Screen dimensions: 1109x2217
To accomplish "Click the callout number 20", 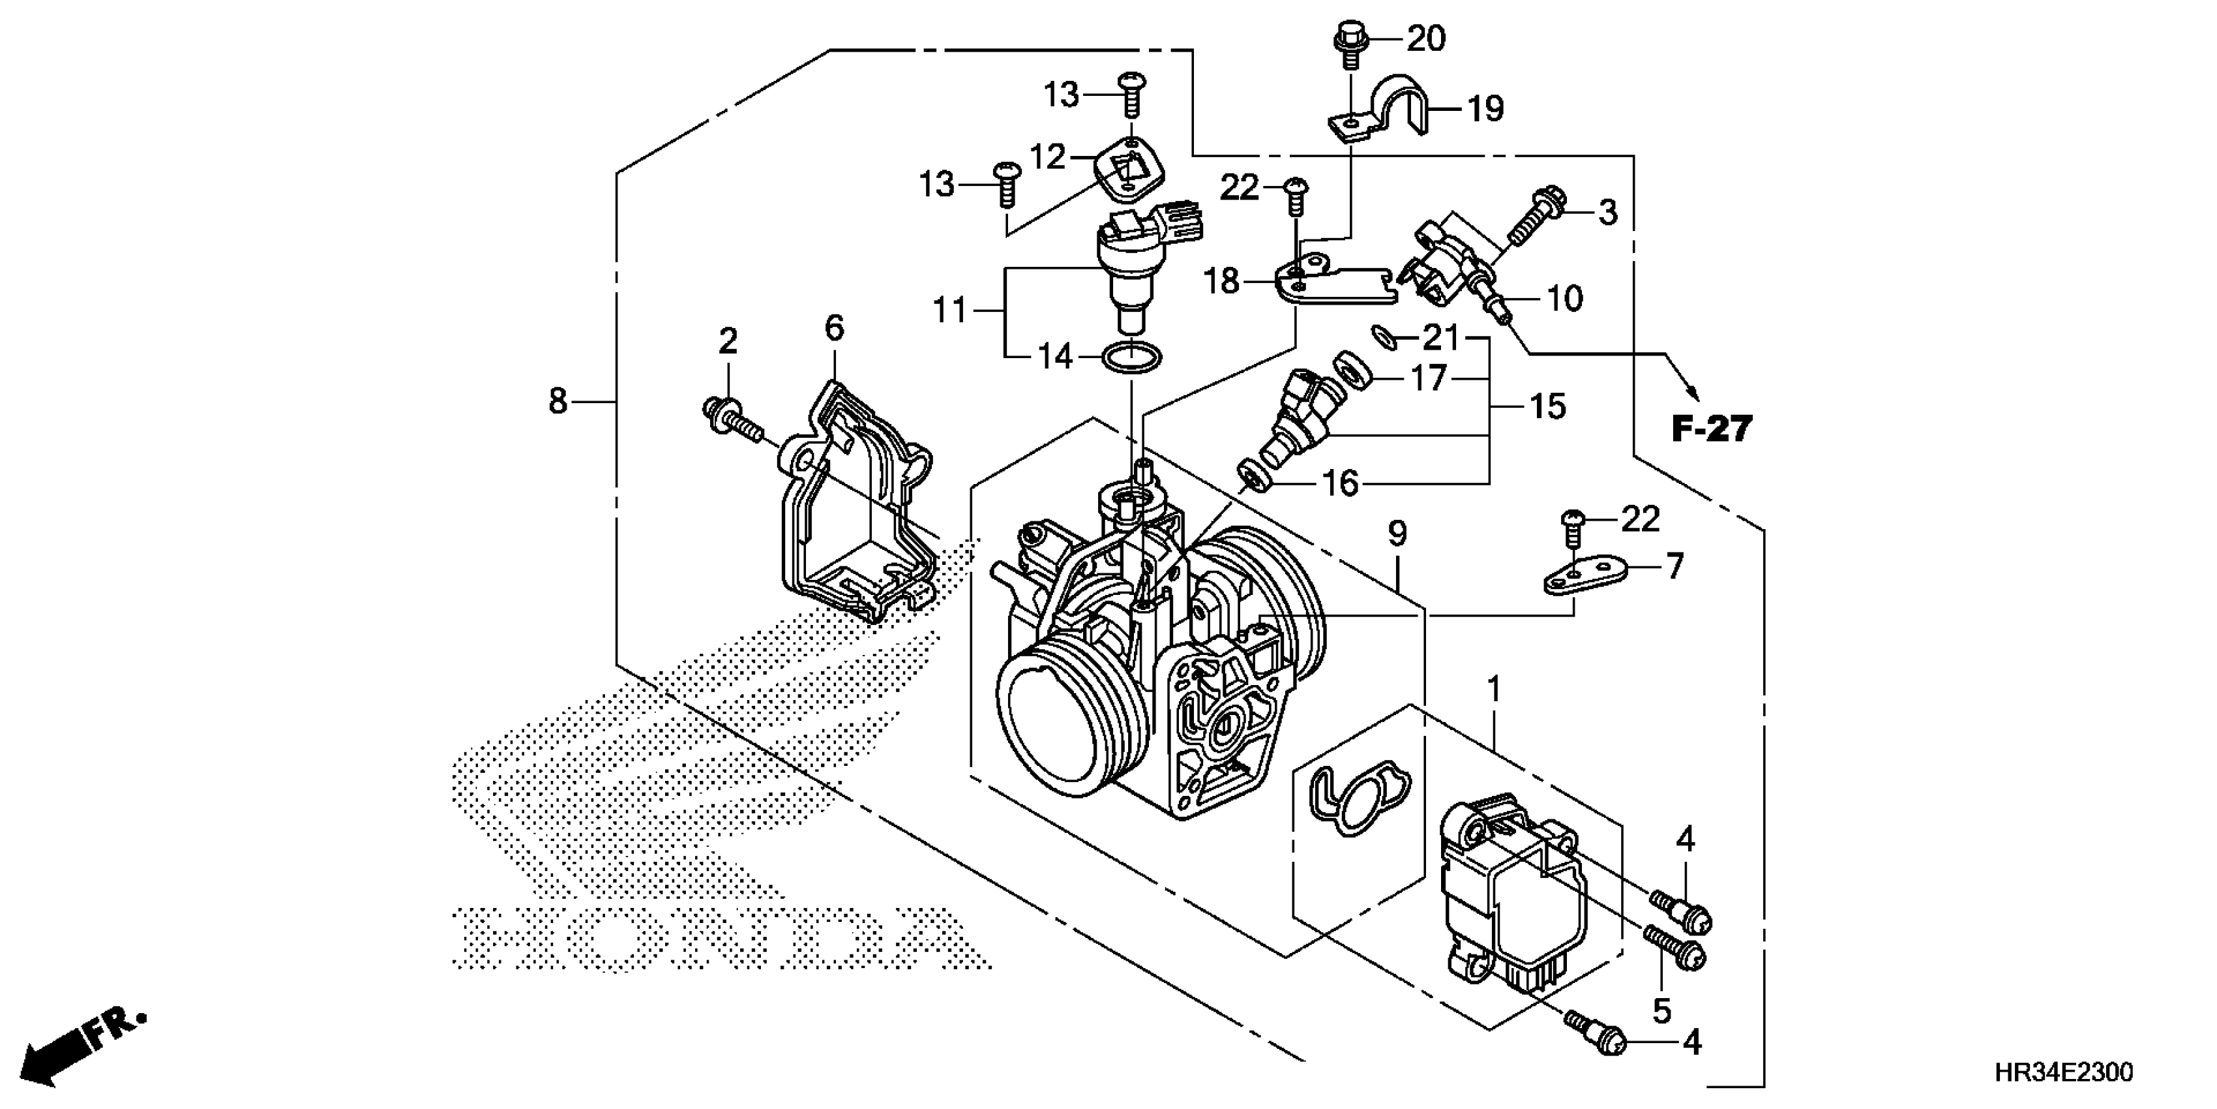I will click(x=1426, y=38).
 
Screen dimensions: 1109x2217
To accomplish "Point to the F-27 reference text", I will click(x=1712, y=428).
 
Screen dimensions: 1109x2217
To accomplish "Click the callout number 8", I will click(x=558, y=401).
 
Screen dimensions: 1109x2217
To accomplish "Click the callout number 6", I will click(x=834, y=328).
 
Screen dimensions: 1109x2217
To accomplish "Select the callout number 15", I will click(x=1547, y=406).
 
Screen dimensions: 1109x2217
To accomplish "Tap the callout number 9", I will click(x=1397, y=535).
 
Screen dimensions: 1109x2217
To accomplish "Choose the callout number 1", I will click(x=1494, y=690).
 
